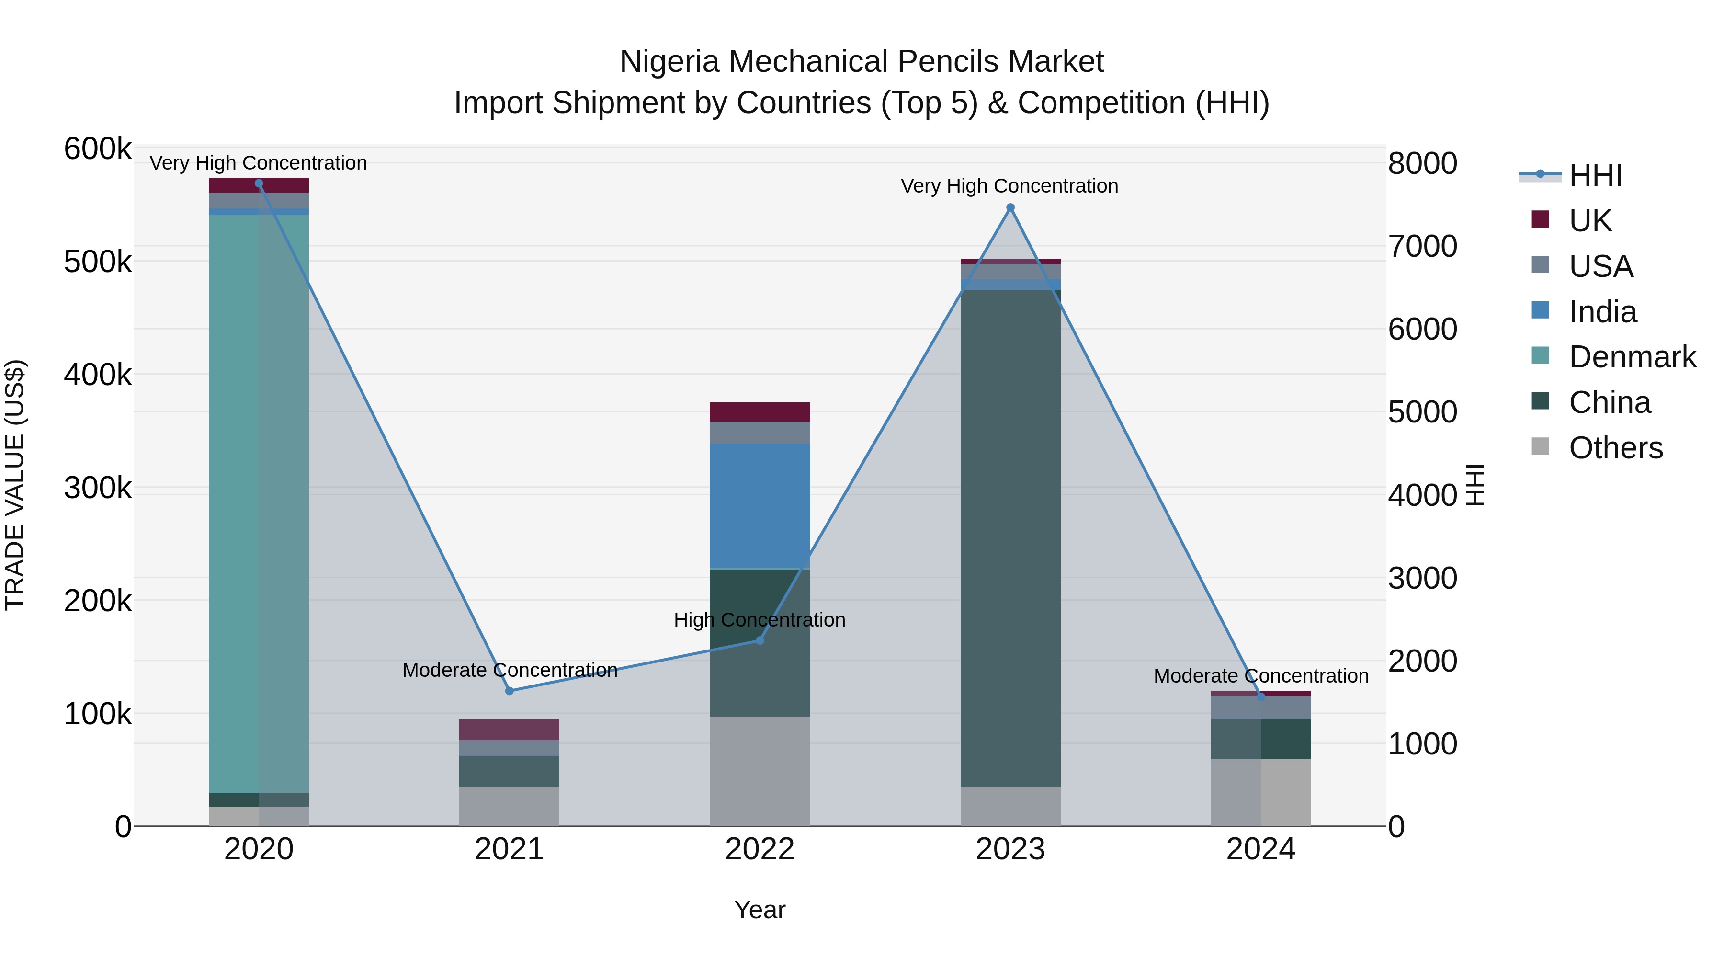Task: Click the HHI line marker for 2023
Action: tap(1010, 207)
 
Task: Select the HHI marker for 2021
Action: tap(510, 691)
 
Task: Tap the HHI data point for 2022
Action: tap(760, 640)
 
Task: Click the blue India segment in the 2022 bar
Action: tap(760, 505)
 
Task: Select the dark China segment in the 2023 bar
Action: tap(1010, 536)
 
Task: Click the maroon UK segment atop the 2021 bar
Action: tap(510, 729)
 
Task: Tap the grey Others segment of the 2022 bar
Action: tap(760, 770)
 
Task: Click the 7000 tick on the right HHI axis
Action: tap(1422, 246)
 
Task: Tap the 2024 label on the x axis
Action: tap(1260, 849)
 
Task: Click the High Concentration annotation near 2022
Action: tap(760, 620)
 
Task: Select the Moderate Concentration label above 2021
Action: tap(510, 670)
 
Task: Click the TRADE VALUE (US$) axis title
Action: tap(15, 485)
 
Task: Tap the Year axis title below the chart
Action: tap(760, 910)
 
